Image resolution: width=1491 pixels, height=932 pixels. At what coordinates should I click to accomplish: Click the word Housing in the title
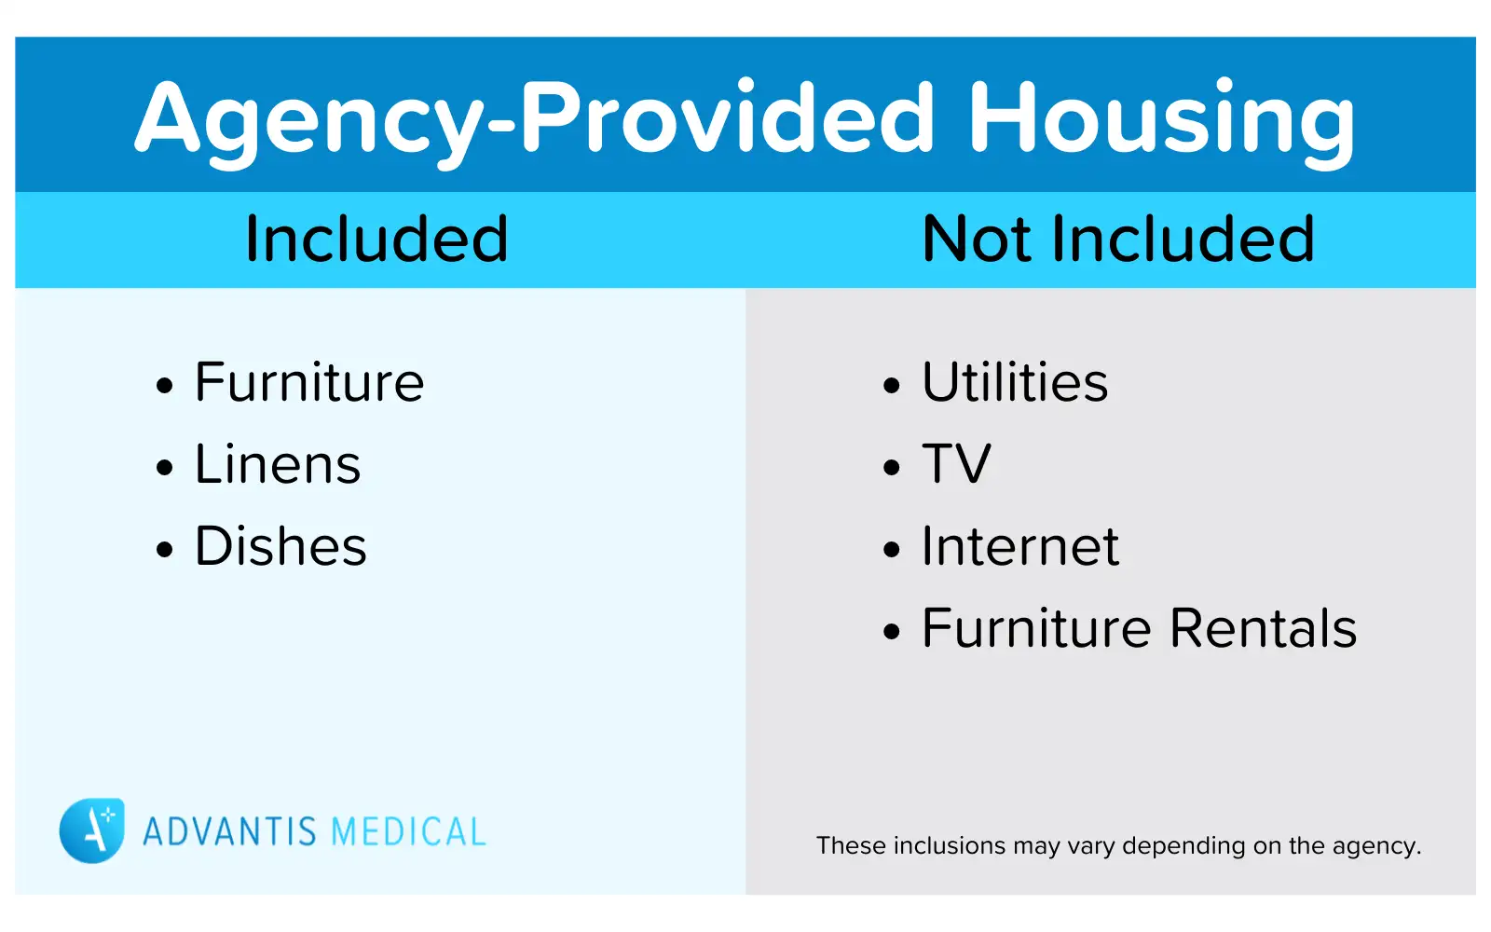point(1161,119)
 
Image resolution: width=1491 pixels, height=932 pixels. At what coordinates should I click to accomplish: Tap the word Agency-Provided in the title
point(535,119)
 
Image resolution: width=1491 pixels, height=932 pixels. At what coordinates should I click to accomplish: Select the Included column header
point(376,240)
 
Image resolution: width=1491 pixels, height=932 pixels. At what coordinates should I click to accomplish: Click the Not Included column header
point(1117,240)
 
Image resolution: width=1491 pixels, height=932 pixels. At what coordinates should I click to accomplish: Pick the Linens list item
point(278,464)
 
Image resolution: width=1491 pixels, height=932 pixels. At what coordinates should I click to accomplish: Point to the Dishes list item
point(280,546)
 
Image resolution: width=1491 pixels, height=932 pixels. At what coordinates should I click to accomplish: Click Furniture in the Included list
point(309,382)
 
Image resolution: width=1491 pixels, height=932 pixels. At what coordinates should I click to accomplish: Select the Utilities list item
point(1015,382)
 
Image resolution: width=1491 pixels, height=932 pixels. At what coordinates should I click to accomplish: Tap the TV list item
point(956,464)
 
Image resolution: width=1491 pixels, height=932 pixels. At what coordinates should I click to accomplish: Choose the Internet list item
point(1019,546)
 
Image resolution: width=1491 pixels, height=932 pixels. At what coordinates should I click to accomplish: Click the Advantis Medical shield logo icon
point(91,830)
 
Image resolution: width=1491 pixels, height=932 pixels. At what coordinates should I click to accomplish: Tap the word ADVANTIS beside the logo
point(229,831)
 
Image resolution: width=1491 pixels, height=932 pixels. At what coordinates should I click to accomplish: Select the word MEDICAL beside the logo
point(408,831)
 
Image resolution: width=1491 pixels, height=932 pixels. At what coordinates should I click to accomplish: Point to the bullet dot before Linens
point(165,467)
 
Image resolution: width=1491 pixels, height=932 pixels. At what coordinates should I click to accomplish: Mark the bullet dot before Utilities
point(892,385)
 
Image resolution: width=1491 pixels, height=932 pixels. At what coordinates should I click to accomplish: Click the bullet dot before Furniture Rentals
point(892,632)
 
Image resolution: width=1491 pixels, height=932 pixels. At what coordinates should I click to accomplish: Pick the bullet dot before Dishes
point(165,549)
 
